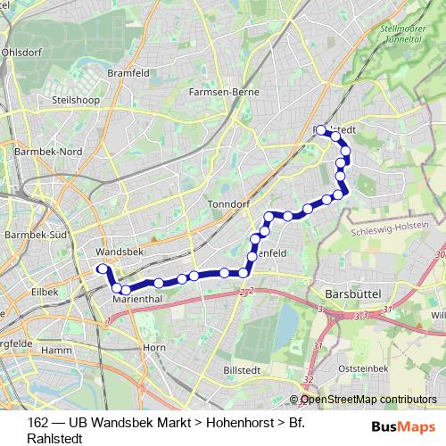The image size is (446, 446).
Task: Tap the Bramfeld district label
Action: (x=125, y=73)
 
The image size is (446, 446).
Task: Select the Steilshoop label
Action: (x=74, y=101)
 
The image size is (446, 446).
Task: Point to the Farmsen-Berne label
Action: (x=223, y=91)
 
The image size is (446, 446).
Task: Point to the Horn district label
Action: (x=154, y=347)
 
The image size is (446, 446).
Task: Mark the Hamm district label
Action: (x=55, y=351)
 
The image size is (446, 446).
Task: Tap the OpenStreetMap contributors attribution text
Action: (x=368, y=401)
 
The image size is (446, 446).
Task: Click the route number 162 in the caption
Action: (x=38, y=422)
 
